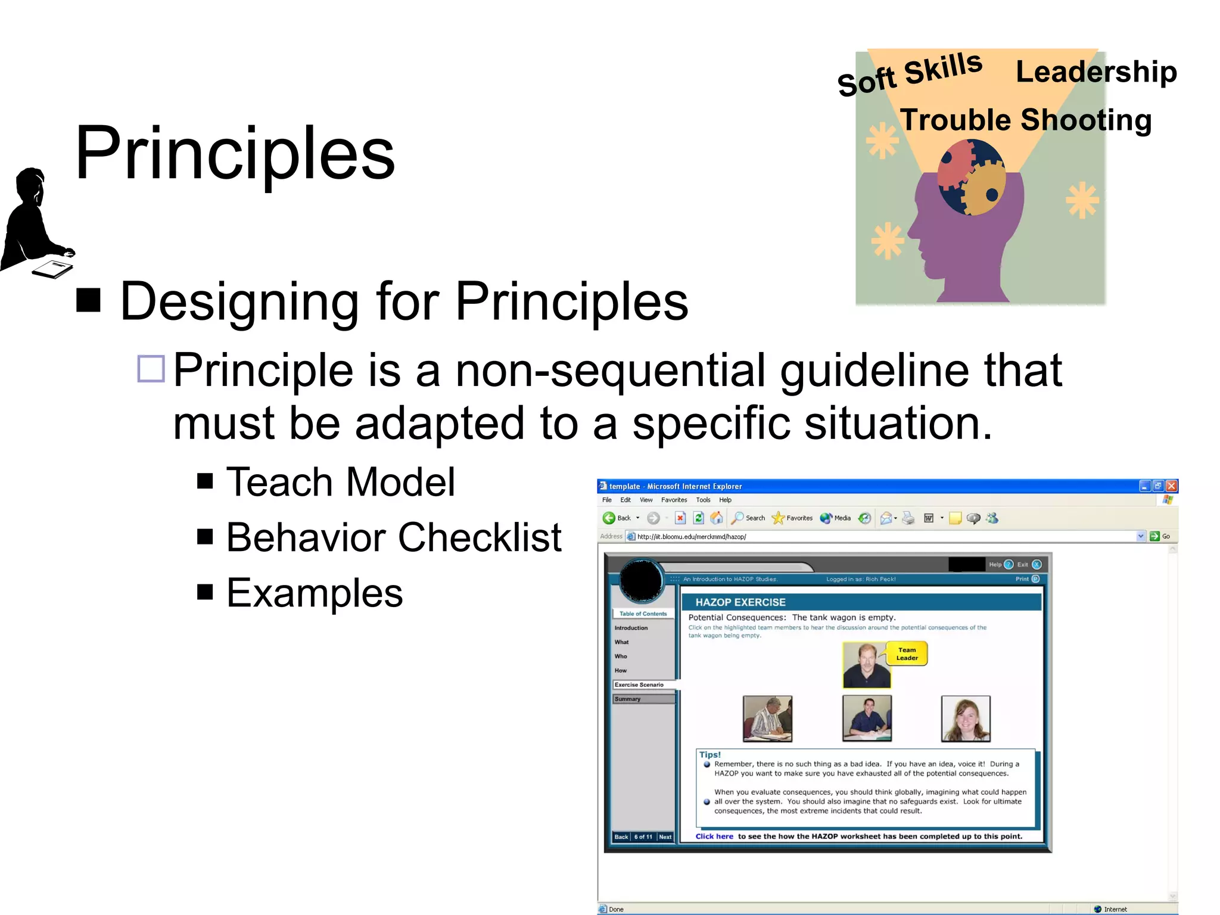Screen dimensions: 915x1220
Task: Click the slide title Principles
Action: (235, 153)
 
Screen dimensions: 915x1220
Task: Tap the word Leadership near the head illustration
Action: (1095, 71)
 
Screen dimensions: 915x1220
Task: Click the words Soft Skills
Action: (909, 74)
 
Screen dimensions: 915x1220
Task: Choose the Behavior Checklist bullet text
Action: (393, 537)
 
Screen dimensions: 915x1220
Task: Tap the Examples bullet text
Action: (315, 593)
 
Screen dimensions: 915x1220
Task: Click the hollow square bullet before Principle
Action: (151, 369)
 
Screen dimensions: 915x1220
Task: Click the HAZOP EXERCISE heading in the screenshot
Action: (740, 602)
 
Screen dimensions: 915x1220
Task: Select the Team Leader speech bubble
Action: (907, 654)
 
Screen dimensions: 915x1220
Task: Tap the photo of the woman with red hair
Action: (965, 718)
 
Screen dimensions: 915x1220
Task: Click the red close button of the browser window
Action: (1171, 486)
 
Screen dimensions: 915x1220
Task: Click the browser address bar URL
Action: (691, 537)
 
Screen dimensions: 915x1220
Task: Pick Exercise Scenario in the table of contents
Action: (639, 685)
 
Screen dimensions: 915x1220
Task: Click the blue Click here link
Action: (714, 836)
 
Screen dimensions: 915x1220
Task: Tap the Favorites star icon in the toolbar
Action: (778, 518)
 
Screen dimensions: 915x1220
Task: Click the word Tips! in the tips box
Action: (709, 755)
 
